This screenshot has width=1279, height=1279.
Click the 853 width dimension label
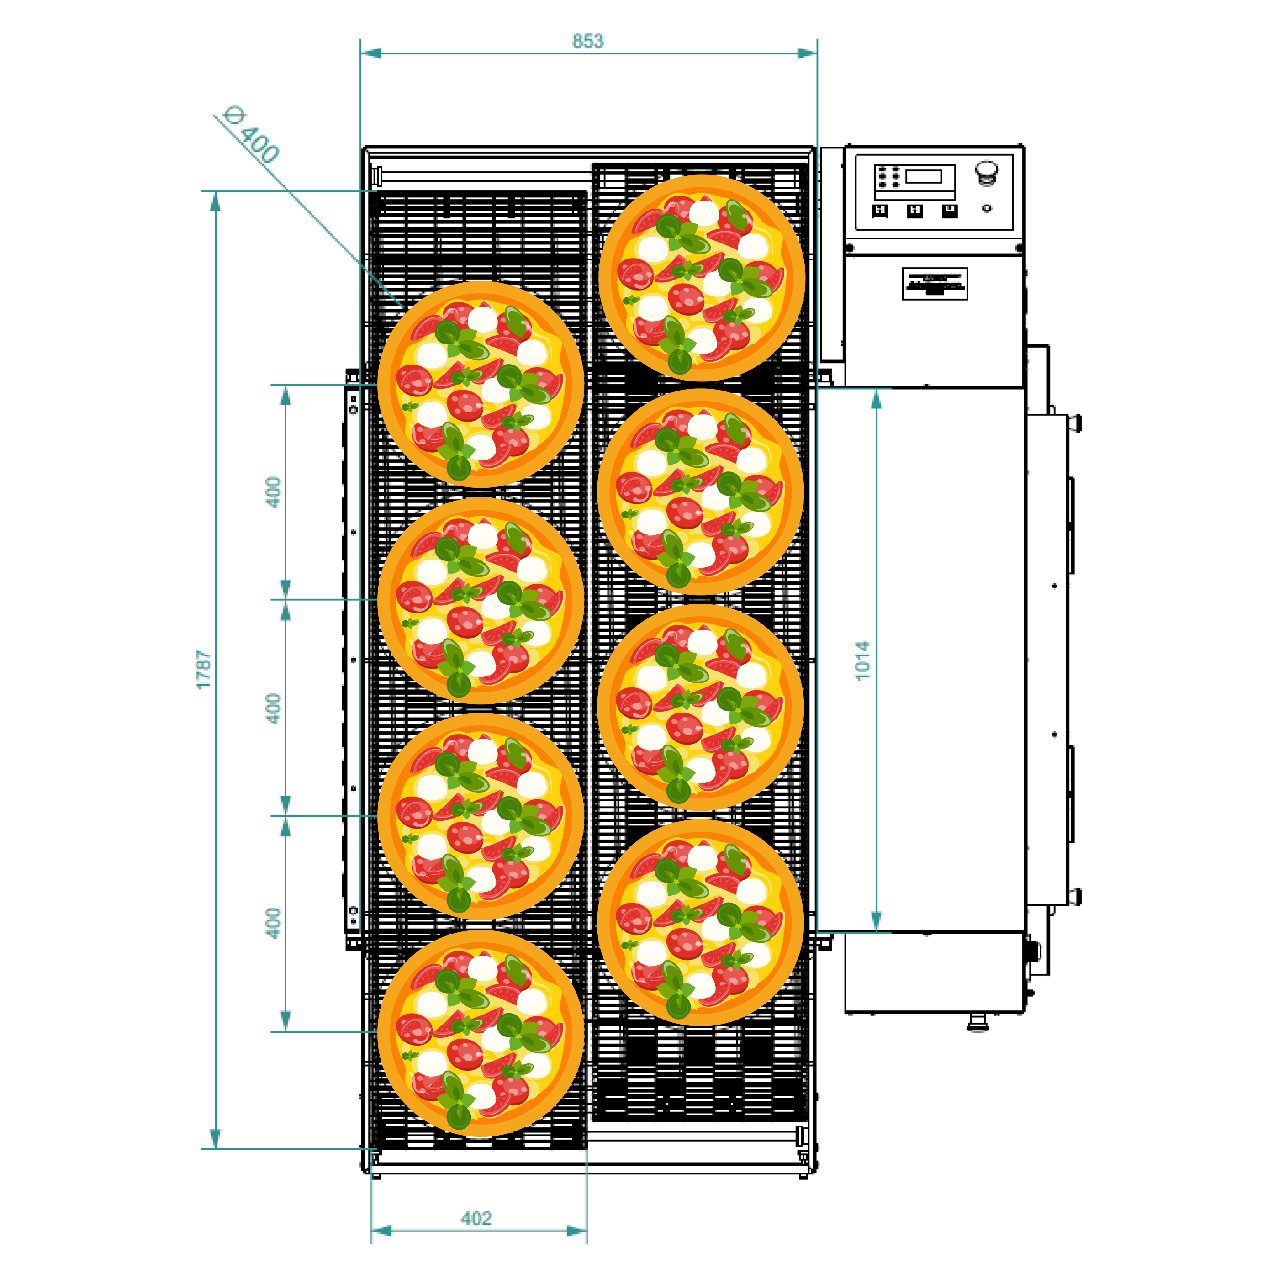click(588, 41)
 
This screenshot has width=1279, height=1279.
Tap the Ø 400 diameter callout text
click(252, 134)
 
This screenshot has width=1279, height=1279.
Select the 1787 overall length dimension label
click(204, 669)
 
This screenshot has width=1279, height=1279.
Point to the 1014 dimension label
click(862, 661)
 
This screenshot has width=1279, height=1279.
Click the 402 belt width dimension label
click(476, 1219)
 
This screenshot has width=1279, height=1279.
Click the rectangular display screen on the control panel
click(924, 176)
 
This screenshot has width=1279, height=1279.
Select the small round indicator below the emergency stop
click(986, 209)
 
